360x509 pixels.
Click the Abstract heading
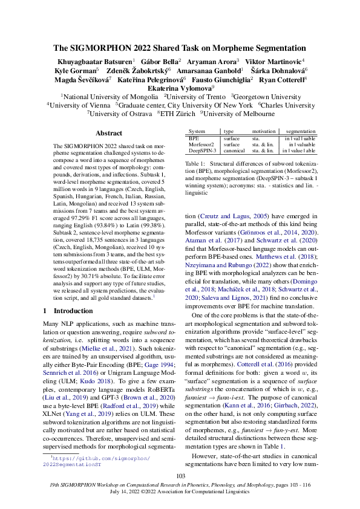109,133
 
